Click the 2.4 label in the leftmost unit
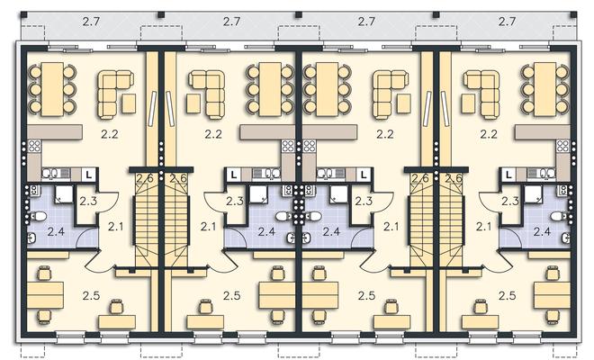point(56,231)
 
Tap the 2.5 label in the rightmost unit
point(507,295)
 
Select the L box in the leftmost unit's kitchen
point(89,175)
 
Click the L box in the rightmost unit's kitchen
point(508,175)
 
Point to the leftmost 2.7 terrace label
point(91,22)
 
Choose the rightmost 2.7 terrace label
point(507,22)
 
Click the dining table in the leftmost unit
point(52,89)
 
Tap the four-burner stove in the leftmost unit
point(34,146)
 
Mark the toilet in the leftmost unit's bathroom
point(38,216)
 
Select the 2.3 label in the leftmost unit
point(88,201)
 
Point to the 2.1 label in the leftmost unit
point(115,227)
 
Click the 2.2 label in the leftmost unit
point(110,134)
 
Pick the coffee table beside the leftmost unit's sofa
point(129,103)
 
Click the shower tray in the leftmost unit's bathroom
point(64,195)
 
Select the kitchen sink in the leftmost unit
point(50,174)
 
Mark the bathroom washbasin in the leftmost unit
point(31,238)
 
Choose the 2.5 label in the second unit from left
point(231,295)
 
